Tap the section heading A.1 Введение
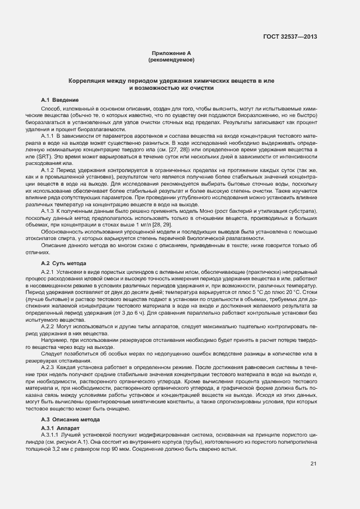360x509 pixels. pos(60,100)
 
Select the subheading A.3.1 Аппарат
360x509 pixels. pos(60,429)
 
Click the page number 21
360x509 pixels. pos(313,463)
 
